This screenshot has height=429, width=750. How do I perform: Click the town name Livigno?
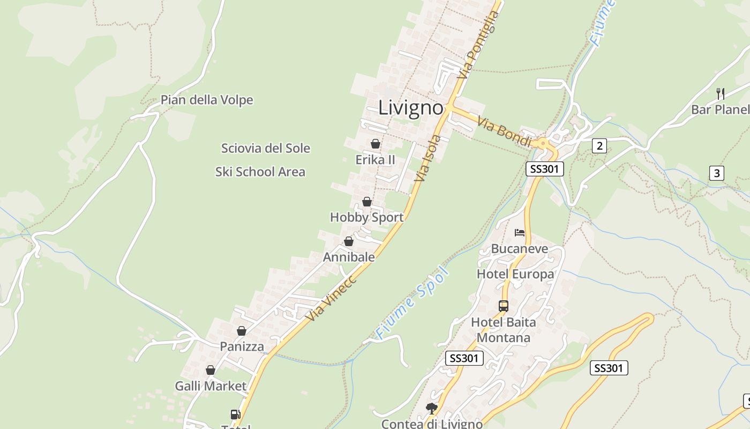coord(411,108)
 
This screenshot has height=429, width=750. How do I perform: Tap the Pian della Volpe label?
coord(207,100)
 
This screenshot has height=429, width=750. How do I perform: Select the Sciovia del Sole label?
coord(266,148)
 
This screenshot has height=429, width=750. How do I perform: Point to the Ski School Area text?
coord(260,172)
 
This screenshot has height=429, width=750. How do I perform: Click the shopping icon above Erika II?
coord(376,144)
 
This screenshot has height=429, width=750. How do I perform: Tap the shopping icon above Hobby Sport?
coord(367,202)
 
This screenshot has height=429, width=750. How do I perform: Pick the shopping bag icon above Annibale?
coord(349,241)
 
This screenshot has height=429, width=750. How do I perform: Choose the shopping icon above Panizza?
coord(242,331)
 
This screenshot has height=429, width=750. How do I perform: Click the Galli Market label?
coord(211,386)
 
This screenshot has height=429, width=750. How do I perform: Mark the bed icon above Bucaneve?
coord(520,233)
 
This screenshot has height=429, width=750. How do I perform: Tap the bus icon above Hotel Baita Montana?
coord(504,306)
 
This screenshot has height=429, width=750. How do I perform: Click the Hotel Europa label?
coord(515,275)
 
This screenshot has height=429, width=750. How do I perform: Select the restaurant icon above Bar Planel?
coord(721,93)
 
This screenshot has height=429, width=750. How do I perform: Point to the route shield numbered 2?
coord(599,145)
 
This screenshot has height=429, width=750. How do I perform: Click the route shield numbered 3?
coord(717,173)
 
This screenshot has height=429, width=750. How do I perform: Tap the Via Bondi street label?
coord(504,132)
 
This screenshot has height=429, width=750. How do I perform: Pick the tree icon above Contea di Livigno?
coord(432,409)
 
